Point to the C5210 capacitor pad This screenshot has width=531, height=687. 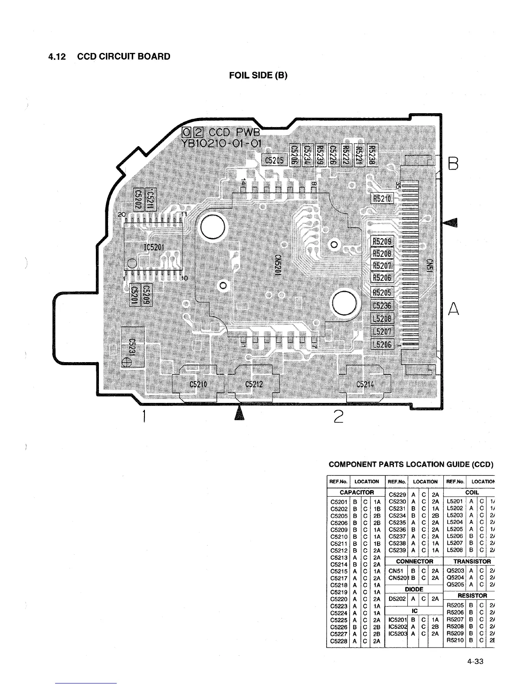pos(199,384)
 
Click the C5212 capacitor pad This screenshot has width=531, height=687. pos(254,384)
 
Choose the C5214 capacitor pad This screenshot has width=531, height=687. pos(365,384)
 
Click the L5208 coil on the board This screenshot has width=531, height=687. pos(382,319)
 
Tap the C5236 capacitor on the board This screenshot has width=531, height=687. pos(382,305)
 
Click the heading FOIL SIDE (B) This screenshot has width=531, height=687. pos(258,75)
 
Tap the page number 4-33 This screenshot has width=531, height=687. pos(475,661)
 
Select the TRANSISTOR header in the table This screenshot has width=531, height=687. pos(471,561)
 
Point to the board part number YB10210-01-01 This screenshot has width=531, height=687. pos(221,143)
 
